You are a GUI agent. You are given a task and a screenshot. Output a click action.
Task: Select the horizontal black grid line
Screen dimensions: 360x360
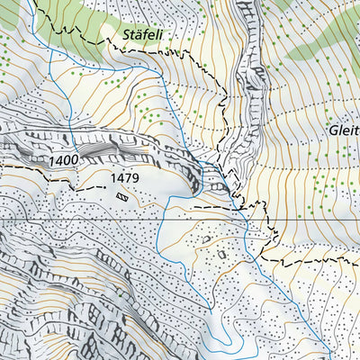tap(90, 220)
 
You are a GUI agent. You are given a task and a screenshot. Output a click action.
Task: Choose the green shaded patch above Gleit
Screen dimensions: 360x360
tap(319, 54)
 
